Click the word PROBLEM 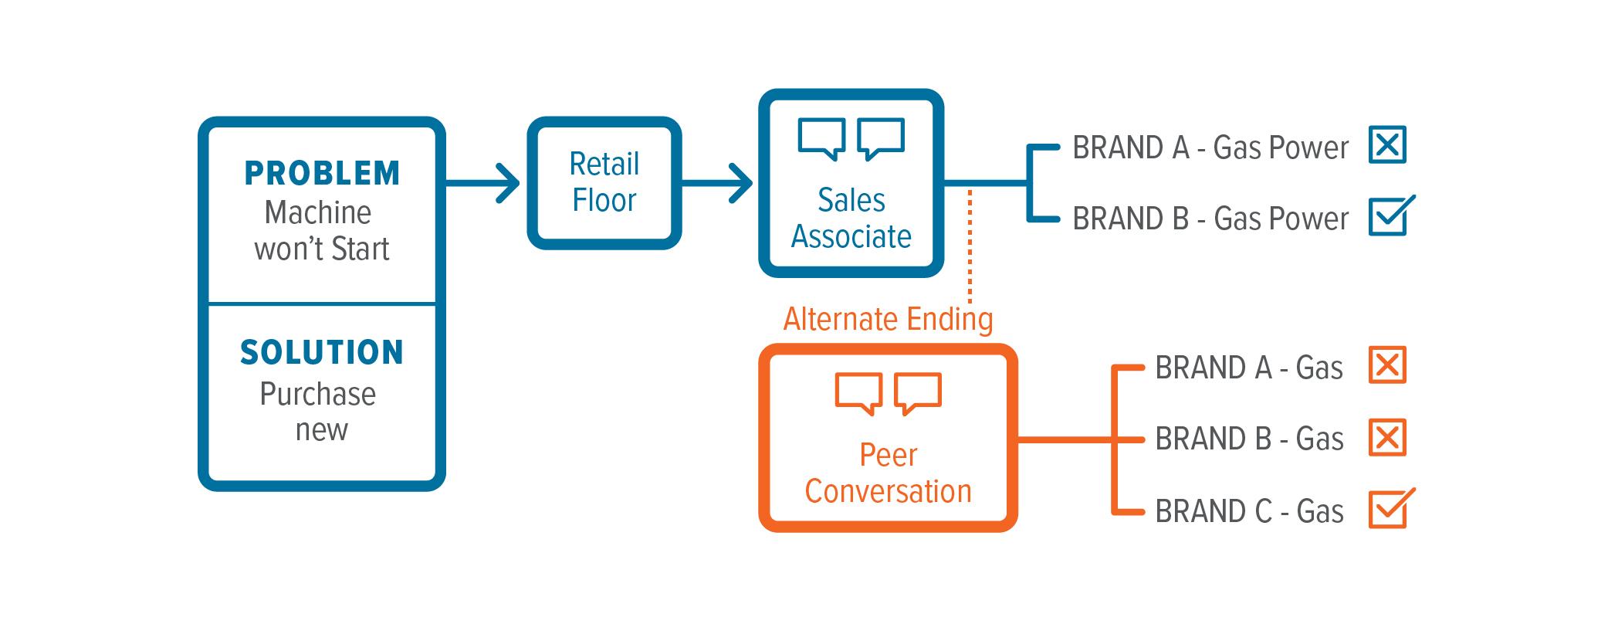[322, 174]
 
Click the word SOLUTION [322, 353]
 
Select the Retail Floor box [604, 183]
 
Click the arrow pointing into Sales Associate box [718, 183]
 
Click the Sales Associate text [851, 219]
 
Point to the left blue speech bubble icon [821, 138]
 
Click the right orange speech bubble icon [918, 393]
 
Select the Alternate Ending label [888, 319]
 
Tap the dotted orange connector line [970, 247]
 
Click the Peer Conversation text [888, 473]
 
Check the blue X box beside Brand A [1387, 145]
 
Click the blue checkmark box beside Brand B [1389, 216]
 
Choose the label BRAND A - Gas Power [1210, 148]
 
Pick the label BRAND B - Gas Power [1210, 219]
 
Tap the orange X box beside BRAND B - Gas [1387, 438]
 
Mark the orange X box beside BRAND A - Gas [1387, 365]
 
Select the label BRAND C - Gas [1249, 511]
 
